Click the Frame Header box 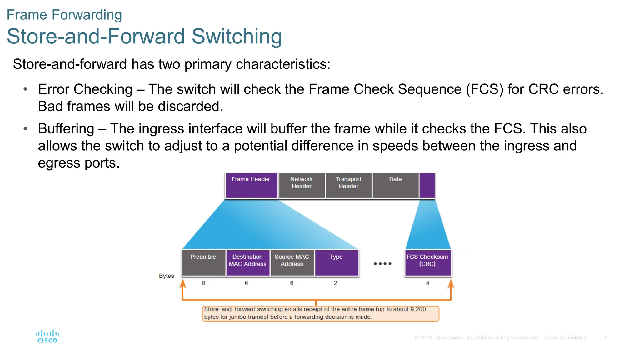click(x=251, y=186)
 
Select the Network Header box click(x=302, y=186)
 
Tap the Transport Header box click(x=348, y=186)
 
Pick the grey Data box click(x=395, y=186)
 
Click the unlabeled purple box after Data click(x=427, y=186)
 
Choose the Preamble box click(x=203, y=262)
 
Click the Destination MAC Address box click(x=248, y=262)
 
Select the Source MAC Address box click(x=292, y=262)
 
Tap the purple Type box click(x=337, y=262)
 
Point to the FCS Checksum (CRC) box click(x=427, y=262)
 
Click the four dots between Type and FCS click(x=382, y=264)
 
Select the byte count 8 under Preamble click(x=203, y=283)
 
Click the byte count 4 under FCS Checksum click(x=427, y=283)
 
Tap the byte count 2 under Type click(x=335, y=283)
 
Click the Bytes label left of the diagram click(x=166, y=276)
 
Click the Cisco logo click(x=47, y=337)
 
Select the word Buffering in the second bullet click(x=66, y=129)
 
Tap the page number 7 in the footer click(x=605, y=338)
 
